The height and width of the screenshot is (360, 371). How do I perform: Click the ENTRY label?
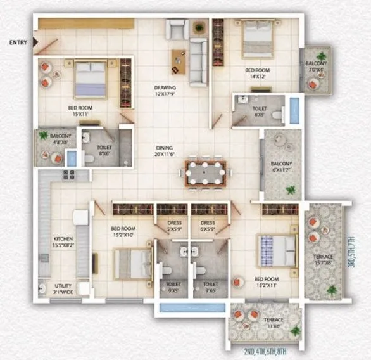click(18, 43)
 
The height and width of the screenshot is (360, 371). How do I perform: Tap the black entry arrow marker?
click(35, 43)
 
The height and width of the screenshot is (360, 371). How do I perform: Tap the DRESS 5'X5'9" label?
click(174, 226)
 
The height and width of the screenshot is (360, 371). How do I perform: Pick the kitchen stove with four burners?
click(66, 174)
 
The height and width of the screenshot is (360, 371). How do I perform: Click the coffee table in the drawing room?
click(177, 61)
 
